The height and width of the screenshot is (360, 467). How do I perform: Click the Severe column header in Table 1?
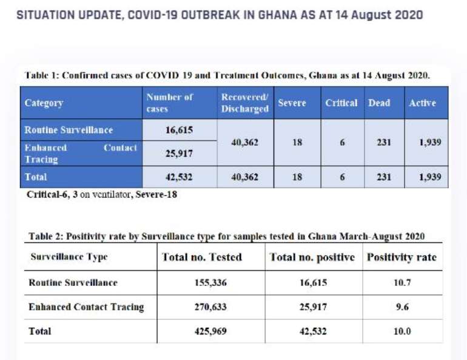pos(292,103)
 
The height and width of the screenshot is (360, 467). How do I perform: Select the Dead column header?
pos(379,103)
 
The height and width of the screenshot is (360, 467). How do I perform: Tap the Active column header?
pos(422,103)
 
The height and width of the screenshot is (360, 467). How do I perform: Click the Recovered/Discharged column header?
pos(245,103)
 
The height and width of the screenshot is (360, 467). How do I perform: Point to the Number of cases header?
pos(169,103)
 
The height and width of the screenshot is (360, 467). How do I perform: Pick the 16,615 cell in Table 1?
pos(179,130)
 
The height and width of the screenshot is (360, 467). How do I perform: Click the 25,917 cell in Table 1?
pos(179,154)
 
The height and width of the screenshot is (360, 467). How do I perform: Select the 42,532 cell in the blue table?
pos(179,177)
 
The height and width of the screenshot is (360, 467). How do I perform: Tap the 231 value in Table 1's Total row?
pos(384,177)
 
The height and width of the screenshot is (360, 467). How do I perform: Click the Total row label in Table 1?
pos(36,177)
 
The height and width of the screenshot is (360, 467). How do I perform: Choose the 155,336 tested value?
pos(210,282)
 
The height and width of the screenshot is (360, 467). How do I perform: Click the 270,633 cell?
pos(210,307)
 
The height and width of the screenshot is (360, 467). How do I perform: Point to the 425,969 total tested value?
pos(210,331)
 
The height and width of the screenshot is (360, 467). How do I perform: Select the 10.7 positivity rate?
pos(402,282)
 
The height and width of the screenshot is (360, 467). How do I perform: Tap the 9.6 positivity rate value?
pos(402,307)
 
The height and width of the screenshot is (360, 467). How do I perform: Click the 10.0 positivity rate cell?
pos(402,331)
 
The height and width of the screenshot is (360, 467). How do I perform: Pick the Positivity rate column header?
pos(401,257)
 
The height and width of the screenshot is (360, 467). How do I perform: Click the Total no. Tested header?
pos(202,257)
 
